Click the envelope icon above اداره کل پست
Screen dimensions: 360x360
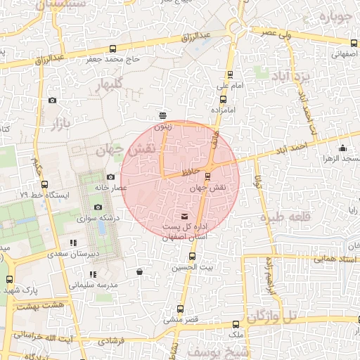coord(185,216)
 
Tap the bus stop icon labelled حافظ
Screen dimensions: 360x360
coord(207,174)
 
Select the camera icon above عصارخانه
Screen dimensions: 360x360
coord(110,176)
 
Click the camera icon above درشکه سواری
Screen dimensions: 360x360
coord(98,207)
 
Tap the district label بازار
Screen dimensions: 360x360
coord(60,125)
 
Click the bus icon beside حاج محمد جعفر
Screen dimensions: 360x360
coord(113,49)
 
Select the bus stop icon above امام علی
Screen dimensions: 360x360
coord(229,74)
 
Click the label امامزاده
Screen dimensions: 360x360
coord(226,110)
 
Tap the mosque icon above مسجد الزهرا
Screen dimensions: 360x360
coord(342,148)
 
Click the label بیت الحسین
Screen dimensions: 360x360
coord(196,267)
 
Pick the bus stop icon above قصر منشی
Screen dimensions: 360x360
coord(180,308)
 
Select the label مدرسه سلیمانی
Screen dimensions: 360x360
coord(91,285)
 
